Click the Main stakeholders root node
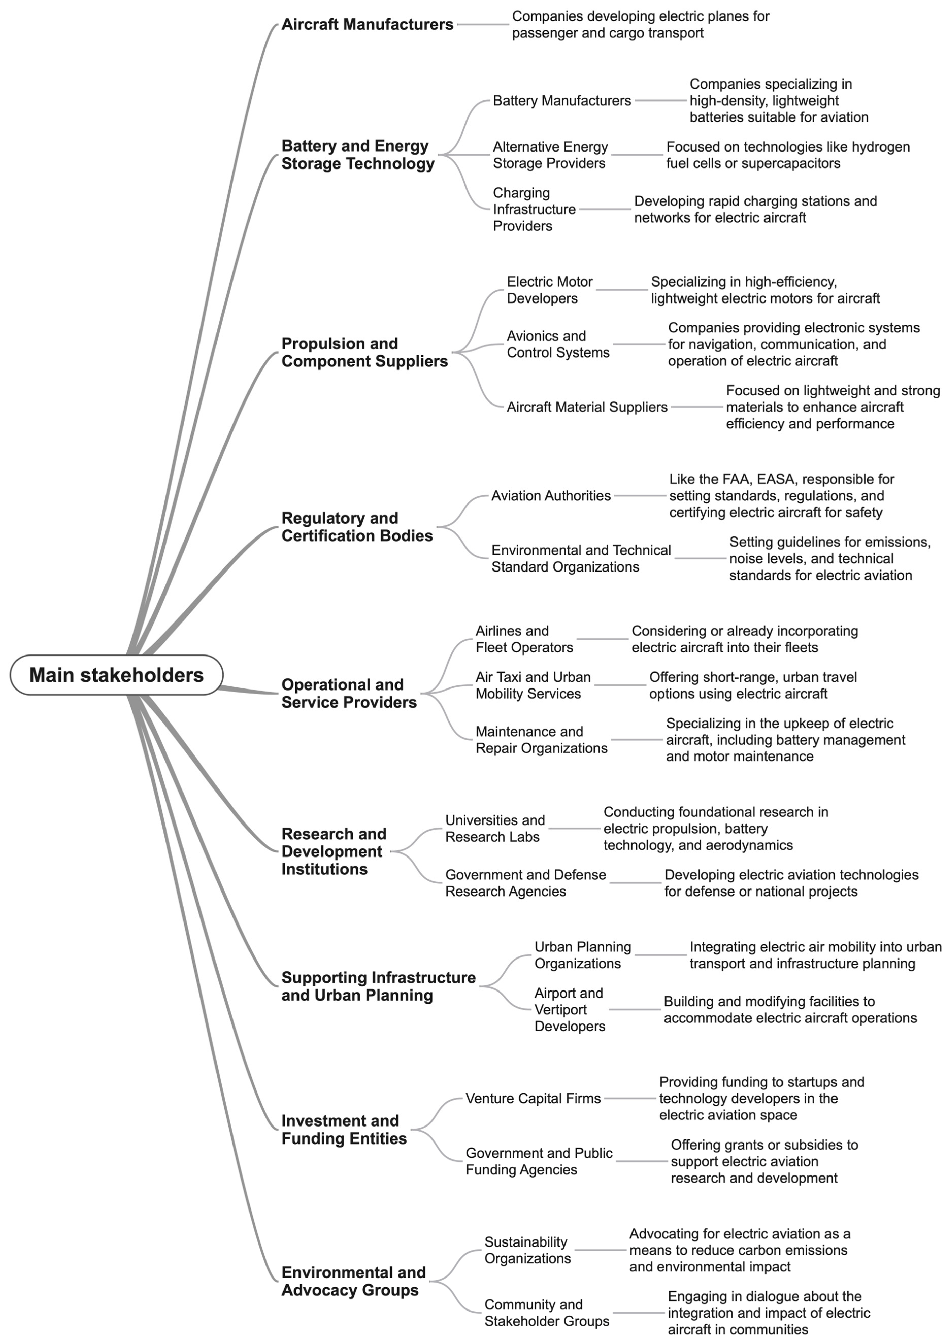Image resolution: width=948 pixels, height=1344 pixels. pyautogui.click(x=117, y=675)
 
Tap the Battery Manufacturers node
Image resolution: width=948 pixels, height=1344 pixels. pyautogui.click(x=561, y=101)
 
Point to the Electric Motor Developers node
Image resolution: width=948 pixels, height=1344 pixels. pyautogui.click(x=549, y=290)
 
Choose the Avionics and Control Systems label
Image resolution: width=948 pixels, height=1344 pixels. pyautogui.click(x=557, y=344)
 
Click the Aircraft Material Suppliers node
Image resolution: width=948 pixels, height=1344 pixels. pyautogui.click(x=587, y=407)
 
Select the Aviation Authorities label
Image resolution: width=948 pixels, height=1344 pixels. pyautogui.click(x=551, y=496)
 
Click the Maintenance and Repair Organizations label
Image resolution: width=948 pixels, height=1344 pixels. pyautogui.click(x=541, y=740)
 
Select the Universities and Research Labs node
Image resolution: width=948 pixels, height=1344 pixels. pyautogui.click(x=495, y=828)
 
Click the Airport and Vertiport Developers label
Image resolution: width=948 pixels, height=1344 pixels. pyautogui.click(x=569, y=1010)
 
